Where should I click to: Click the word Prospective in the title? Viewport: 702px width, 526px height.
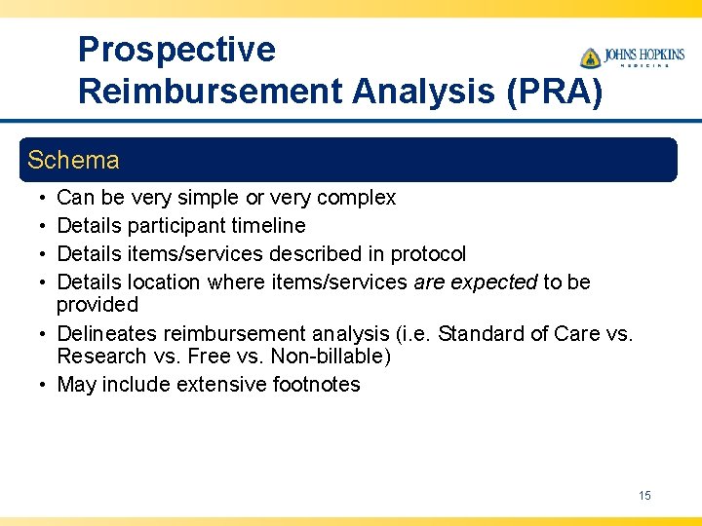click(176, 50)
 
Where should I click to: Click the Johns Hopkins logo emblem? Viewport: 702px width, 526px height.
click(590, 57)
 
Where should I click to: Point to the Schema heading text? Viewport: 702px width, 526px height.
click(73, 160)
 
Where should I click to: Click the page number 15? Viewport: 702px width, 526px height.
click(644, 496)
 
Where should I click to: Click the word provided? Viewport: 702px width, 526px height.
click(97, 305)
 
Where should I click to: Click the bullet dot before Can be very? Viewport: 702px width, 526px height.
click(35, 198)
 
